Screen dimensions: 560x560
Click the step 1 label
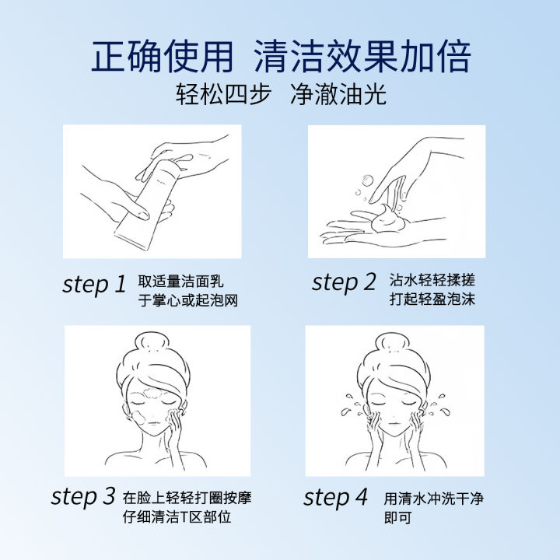(94, 285)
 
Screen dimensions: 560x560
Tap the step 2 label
(344, 282)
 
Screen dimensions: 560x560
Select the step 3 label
(83, 497)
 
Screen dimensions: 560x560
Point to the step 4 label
(335, 497)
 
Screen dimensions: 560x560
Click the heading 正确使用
(163, 57)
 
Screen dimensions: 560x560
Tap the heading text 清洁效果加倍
(362, 57)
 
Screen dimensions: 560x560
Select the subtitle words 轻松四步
(223, 94)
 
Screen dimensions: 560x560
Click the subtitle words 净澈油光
(338, 94)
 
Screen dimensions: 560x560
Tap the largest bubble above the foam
(367, 180)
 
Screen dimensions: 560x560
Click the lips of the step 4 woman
(393, 424)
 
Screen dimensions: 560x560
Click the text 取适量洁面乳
(180, 282)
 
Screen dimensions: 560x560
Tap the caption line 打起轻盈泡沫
(432, 299)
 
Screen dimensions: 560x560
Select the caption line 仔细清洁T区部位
(177, 516)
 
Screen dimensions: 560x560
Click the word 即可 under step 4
(398, 517)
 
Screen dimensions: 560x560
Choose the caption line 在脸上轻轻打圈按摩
(187, 498)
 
